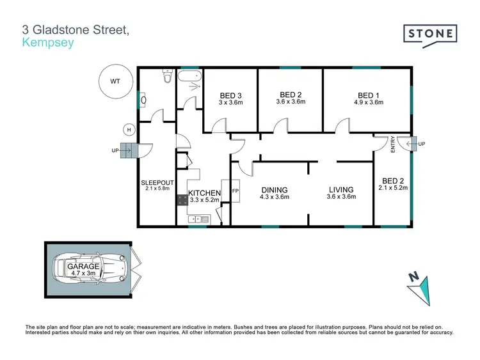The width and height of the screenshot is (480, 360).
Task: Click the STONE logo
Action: tap(430, 33)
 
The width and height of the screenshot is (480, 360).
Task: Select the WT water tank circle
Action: tap(115, 82)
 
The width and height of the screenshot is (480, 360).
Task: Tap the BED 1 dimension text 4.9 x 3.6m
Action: tap(368, 102)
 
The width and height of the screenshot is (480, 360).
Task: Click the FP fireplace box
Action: tap(235, 191)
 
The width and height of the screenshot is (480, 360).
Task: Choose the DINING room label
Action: tap(274, 190)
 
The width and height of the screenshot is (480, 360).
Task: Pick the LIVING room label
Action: tap(342, 190)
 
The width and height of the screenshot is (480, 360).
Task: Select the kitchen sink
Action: tap(198, 220)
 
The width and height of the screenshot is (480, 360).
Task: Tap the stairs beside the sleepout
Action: tap(129, 151)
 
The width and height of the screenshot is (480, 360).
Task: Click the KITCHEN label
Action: tap(204, 193)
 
